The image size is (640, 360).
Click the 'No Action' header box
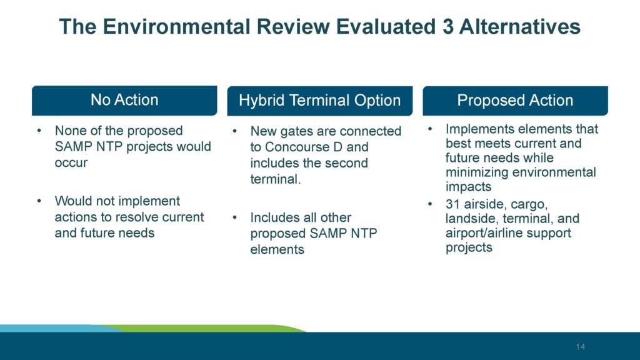click(x=124, y=100)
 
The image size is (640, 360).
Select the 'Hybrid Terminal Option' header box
click(x=319, y=101)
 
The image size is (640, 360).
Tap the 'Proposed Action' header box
click(x=515, y=101)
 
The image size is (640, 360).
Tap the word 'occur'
click(x=71, y=163)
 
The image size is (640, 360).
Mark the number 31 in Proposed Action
click(x=453, y=204)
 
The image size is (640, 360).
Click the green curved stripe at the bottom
click(x=250, y=327)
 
